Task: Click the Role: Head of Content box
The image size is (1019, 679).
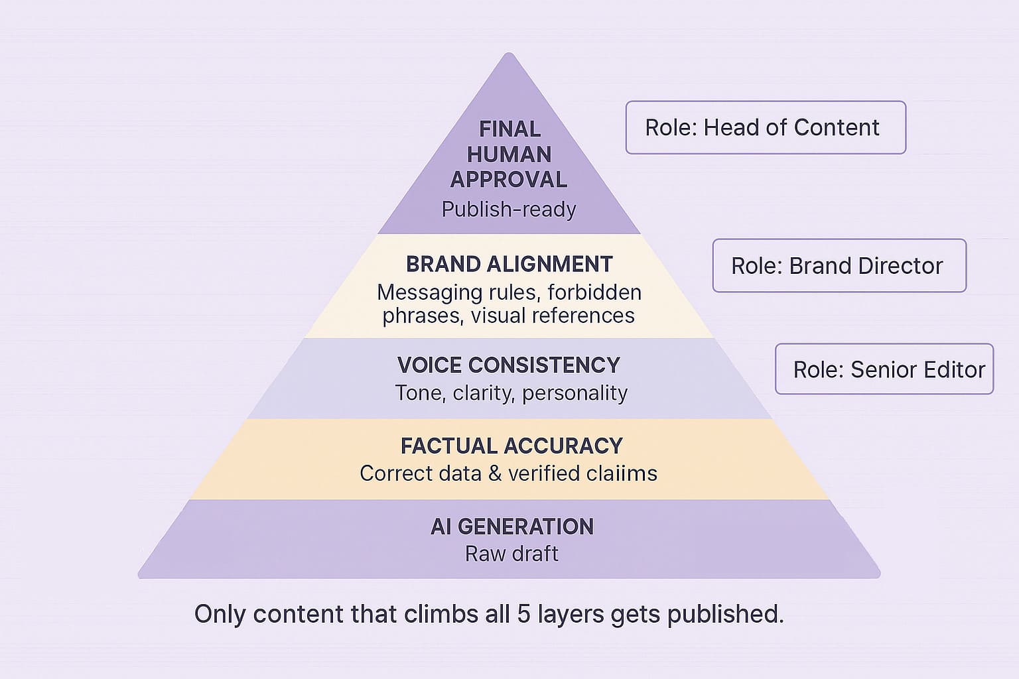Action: click(x=765, y=127)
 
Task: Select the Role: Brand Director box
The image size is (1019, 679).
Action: click(x=839, y=265)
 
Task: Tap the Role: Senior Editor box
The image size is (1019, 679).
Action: click(x=884, y=369)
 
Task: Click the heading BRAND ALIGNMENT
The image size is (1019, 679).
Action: click(x=509, y=264)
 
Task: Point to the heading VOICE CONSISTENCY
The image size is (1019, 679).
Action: click(x=509, y=365)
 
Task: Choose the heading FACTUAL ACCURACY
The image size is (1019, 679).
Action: click(x=511, y=446)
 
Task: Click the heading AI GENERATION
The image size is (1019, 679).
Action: click(x=511, y=526)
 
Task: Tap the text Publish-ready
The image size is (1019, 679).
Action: click(x=509, y=210)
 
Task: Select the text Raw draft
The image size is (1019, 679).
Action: click(x=511, y=554)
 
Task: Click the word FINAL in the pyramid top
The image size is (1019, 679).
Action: click(x=509, y=129)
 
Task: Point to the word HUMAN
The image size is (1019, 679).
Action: click(x=509, y=154)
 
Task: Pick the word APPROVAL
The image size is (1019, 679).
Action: click(x=509, y=180)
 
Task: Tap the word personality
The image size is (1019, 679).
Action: click(x=575, y=393)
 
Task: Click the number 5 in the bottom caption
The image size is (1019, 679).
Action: click(x=523, y=614)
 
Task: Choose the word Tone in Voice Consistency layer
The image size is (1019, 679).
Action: click(x=420, y=393)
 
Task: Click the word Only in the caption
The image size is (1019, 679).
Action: click(x=220, y=614)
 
